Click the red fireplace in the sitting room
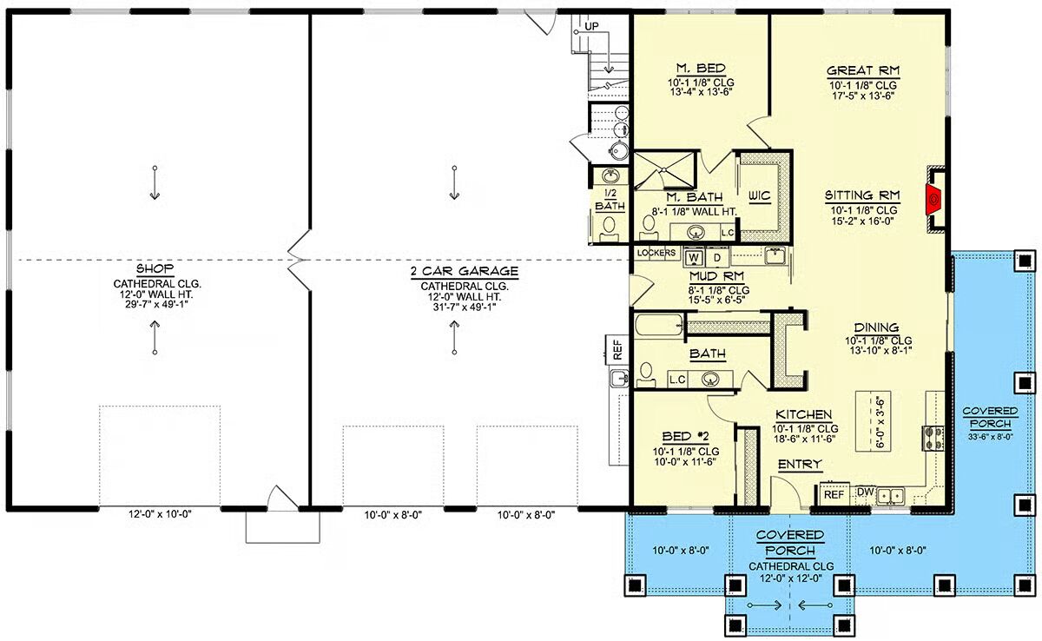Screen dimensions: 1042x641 [933, 200]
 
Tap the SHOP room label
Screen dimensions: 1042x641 [155, 269]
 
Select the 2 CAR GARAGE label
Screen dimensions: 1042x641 [464, 271]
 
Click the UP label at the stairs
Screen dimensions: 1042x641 [591, 27]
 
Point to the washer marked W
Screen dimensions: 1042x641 [694, 257]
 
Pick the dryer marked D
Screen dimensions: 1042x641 [717, 257]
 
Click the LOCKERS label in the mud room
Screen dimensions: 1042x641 [656, 253]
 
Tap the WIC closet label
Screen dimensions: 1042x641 [759, 196]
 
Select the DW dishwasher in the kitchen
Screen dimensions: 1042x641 [865, 492]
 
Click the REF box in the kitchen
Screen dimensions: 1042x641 [834, 494]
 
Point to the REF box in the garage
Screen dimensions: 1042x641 [617, 350]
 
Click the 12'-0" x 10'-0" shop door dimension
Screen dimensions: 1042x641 [160, 514]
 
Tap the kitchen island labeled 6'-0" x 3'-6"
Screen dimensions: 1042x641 [874, 421]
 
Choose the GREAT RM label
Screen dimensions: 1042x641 [863, 71]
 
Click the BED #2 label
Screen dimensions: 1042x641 [685, 437]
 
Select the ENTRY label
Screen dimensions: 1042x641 [800, 464]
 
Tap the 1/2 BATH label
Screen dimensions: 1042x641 [610, 200]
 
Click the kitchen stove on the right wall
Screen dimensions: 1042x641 [933, 438]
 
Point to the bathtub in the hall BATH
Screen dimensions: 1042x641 [658, 325]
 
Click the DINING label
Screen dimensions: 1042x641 [876, 327]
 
